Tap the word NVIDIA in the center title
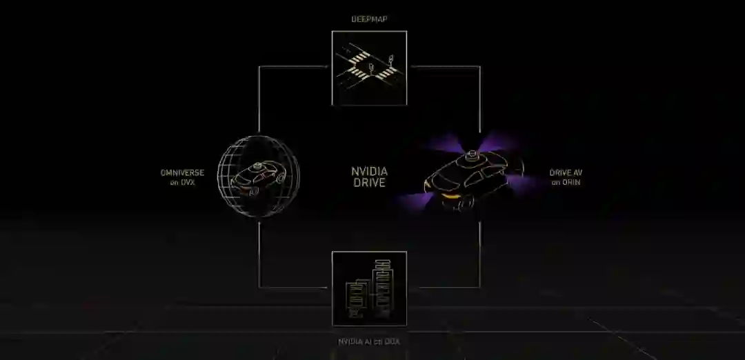[x=369, y=171]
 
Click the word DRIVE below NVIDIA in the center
[x=369, y=183]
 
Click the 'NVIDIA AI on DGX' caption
[x=369, y=341]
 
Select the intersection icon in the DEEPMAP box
[x=369, y=68]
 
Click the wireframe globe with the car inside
[x=259, y=177]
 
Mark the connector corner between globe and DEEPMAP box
[x=259, y=67]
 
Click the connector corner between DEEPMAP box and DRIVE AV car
[x=479, y=67]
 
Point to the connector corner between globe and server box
[x=259, y=287]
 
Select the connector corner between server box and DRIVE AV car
[x=479, y=287]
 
